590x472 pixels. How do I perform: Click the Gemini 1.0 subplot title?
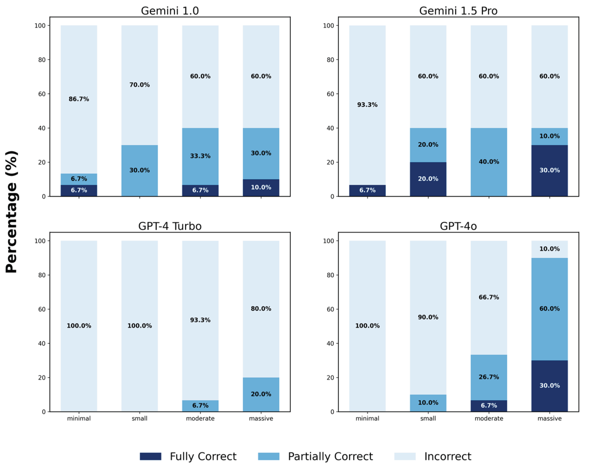pyautogui.click(x=170, y=11)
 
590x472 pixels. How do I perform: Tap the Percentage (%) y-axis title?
pyautogui.click(x=12, y=212)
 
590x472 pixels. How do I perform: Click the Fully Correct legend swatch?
pyautogui.click(x=150, y=456)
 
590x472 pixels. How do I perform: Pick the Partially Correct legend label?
pyautogui.click(x=330, y=456)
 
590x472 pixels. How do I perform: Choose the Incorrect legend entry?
pyautogui.click(x=447, y=456)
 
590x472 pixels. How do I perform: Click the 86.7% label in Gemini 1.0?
pyautogui.click(x=79, y=99)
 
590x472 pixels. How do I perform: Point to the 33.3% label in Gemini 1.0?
pyautogui.click(x=200, y=156)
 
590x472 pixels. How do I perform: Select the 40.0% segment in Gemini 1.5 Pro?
pyautogui.click(x=489, y=162)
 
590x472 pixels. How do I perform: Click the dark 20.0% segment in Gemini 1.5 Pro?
pyautogui.click(x=428, y=179)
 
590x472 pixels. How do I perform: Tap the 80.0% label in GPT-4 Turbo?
pyautogui.click(x=261, y=309)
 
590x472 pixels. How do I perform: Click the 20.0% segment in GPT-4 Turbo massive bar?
pyautogui.click(x=261, y=394)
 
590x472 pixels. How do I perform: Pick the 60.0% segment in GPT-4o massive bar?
pyautogui.click(x=549, y=309)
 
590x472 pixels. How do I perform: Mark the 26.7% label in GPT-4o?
pyautogui.click(x=489, y=377)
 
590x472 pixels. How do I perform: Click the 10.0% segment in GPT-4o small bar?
pyautogui.click(x=428, y=403)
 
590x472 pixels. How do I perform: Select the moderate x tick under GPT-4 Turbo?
pyautogui.click(x=200, y=418)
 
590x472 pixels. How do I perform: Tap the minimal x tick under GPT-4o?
pyautogui.click(x=367, y=418)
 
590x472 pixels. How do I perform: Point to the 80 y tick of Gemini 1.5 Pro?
pyautogui.click(x=330, y=60)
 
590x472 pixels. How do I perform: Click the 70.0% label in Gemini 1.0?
pyautogui.click(x=140, y=85)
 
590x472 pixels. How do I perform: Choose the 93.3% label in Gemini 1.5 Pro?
pyautogui.click(x=367, y=105)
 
